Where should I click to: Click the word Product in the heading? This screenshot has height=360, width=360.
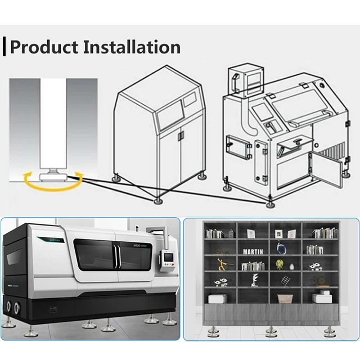(44, 47)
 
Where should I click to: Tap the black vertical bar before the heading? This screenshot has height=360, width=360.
(4, 47)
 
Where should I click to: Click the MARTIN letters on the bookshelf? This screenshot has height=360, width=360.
(254, 251)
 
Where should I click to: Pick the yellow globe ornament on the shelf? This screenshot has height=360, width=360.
(280, 264)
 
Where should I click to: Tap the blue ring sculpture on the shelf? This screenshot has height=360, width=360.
(280, 247)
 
